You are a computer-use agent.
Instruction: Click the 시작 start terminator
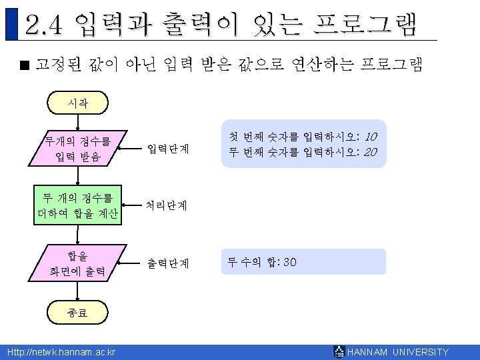pos(78,103)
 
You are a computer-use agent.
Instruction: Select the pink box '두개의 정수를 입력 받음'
pos(78,149)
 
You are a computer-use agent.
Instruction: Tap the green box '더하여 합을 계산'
pos(78,206)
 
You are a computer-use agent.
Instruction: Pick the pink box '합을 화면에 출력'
pos(78,263)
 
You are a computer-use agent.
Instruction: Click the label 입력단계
pos(168,148)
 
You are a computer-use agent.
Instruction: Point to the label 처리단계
pos(168,206)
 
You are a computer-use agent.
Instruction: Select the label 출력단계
pos(168,263)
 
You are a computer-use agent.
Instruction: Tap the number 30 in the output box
pos(290,262)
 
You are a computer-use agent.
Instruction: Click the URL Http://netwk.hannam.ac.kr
pos(61,352)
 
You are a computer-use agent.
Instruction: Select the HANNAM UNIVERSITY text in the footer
pos(399,352)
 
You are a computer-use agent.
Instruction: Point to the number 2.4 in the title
pos(44,25)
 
